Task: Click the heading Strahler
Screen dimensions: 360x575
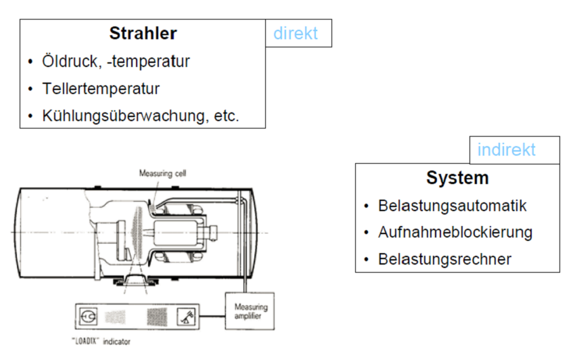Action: (x=143, y=33)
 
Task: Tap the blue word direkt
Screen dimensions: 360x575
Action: (x=296, y=32)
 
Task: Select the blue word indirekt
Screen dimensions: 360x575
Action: (x=507, y=149)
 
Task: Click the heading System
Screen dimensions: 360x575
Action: (x=457, y=178)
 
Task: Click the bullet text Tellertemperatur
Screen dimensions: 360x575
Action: (x=101, y=89)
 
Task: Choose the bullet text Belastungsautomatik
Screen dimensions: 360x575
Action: (x=453, y=206)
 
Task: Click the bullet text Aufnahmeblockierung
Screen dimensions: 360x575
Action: (x=455, y=233)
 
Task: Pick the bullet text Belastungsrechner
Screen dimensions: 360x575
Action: (x=445, y=259)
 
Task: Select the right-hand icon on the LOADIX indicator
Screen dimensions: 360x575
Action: (x=186, y=316)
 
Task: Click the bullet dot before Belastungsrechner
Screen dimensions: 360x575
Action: (x=366, y=260)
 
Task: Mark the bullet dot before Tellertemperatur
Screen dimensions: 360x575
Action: (x=30, y=89)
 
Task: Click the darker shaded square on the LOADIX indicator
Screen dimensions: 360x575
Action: (x=157, y=316)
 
